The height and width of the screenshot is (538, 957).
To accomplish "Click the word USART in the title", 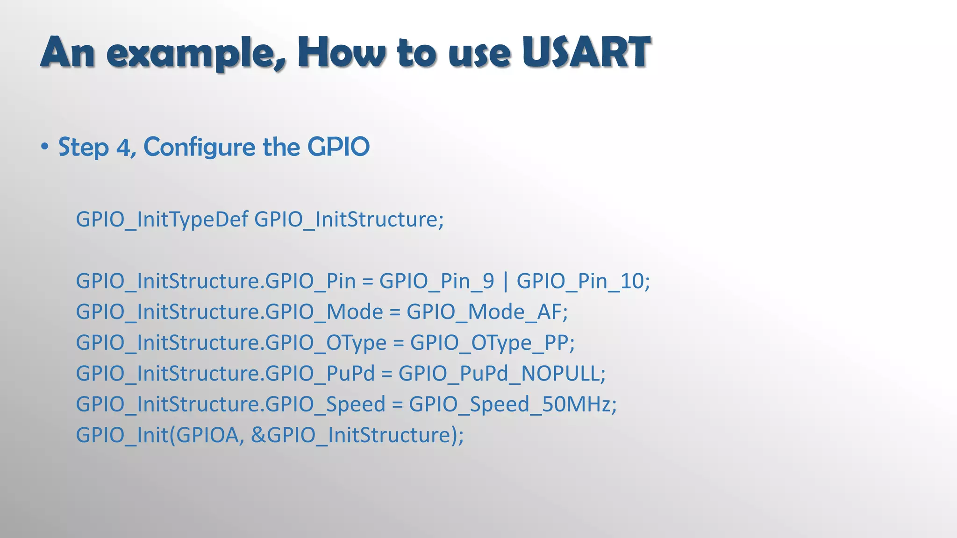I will [x=586, y=52].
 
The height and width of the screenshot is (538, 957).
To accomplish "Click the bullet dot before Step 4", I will [x=44, y=147].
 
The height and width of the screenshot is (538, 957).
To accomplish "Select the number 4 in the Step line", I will [x=124, y=148].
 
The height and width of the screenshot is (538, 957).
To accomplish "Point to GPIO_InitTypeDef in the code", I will [x=162, y=219].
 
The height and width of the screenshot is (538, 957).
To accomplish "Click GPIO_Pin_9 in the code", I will [x=436, y=281].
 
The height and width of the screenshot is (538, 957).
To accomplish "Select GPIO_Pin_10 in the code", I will [x=580, y=281].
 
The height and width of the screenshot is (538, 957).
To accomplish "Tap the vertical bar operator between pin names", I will [x=505, y=281].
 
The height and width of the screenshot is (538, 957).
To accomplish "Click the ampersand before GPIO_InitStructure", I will [x=258, y=435].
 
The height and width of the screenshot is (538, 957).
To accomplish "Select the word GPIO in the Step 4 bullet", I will [x=338, y=147].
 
